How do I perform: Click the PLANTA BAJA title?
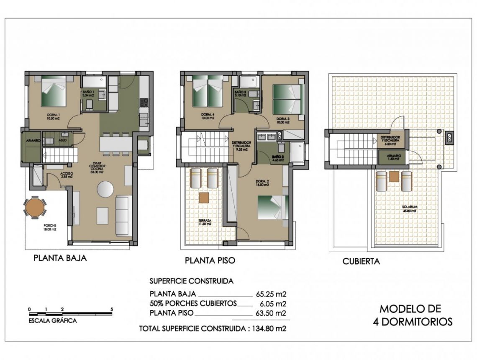pos(60,258)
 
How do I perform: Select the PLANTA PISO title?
pos(210,260)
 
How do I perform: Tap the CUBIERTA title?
pos(361,262)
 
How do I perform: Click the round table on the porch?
pos(35,206)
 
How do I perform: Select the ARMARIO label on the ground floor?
pos(32,141)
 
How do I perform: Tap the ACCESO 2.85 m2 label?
pos(66,175)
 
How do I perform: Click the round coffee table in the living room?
pos(105,189)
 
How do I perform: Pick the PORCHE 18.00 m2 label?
pos(50,228)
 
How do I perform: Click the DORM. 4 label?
pos(207,116)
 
